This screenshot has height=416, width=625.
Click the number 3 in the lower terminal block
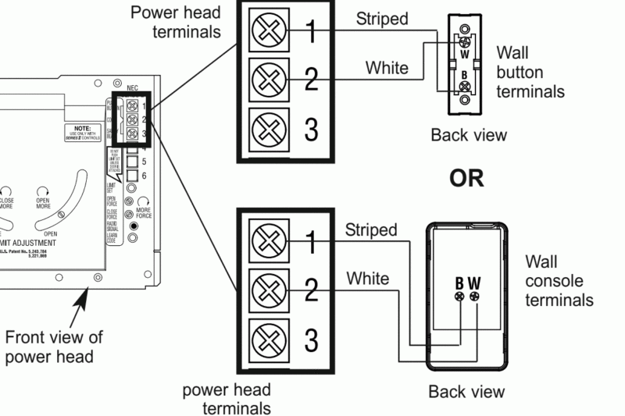click(x=311, y=340)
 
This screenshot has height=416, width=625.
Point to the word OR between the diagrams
click(x=466, y=178)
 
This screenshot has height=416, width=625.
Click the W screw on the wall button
click(x=465, y=44)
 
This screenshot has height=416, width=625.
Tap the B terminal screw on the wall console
click(x=460, y=297)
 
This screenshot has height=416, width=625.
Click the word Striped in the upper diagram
click(x=382, y=19)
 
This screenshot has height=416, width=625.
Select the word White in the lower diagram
click(x=367, y=278)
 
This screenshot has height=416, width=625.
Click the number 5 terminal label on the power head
click(x=144, y=162)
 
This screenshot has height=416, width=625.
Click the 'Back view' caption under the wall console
click(x=466, y=391)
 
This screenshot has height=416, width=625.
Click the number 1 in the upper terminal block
click(x=311, y=32)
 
